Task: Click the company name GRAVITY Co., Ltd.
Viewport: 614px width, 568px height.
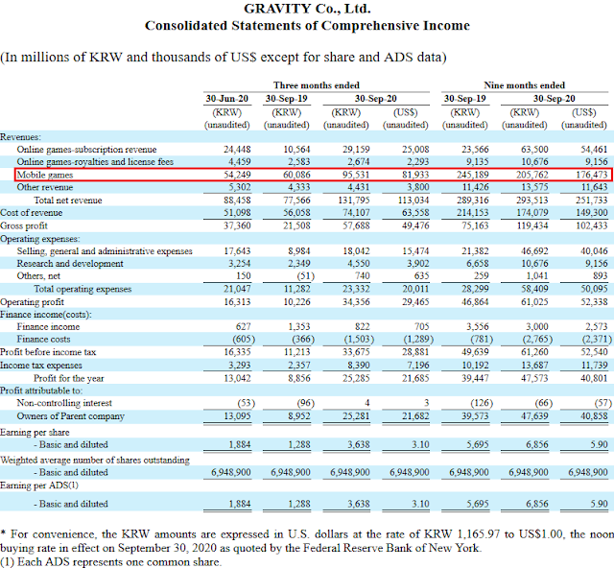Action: (x=307, y=9)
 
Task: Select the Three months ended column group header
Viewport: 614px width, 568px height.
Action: (x=317, y=85)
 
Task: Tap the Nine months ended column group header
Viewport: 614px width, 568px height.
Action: (x=525, y=85)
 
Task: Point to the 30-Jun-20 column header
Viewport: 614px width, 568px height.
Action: (x=227, y=98)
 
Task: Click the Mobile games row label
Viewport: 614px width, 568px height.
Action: (x=45, y=175)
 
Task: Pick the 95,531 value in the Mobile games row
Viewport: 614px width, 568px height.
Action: (x=356, y=175)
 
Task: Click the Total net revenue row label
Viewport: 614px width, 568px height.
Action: (x=68, y=201)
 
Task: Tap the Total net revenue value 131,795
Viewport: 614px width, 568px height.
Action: (x=354, y=201)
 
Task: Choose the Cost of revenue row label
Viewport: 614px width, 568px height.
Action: (x=32, y=213)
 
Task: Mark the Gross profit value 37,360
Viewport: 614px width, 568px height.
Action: (x=237, y=225)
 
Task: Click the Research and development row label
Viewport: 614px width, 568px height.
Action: (x=70, y=264)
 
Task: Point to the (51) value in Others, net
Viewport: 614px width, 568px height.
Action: (x=305, y=276)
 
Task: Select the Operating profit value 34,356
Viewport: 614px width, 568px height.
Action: (x=356, y=302)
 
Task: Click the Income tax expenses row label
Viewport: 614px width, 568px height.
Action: (x=41, y=366)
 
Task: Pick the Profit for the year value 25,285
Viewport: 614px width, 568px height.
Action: (x=356, y=378)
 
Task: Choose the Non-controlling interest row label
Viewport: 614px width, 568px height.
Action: (x=64, y=403)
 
